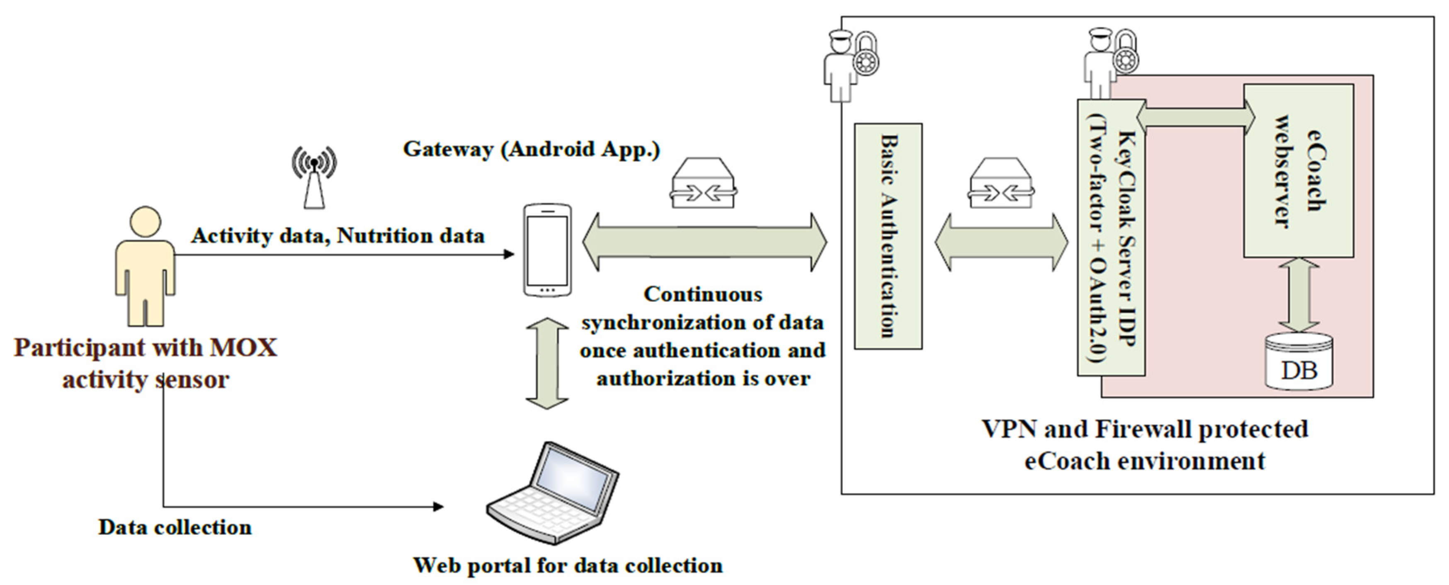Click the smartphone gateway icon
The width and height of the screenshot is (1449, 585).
point(547,250)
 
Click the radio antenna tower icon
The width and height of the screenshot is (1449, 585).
point(314,177)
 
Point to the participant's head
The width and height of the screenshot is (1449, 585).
point(145,221)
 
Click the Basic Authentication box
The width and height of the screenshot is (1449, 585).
point(888,236)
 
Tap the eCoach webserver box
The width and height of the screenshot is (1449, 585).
point(1298,171)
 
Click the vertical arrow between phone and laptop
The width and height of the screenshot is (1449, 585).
point(547,363)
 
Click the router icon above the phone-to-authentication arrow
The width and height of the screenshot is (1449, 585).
point(703,183)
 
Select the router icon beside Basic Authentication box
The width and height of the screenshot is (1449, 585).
point(1001,183)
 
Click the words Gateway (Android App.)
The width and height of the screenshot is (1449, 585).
point(531,150)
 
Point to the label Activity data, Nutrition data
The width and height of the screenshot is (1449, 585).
point(337,235)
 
